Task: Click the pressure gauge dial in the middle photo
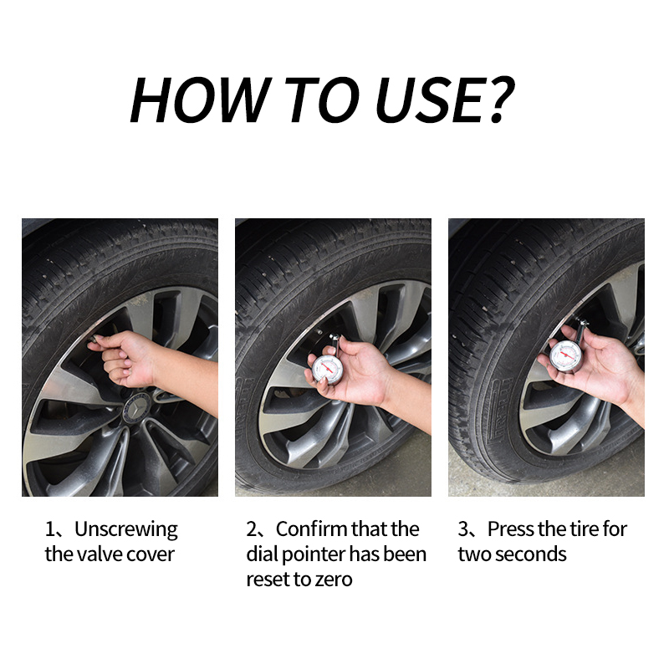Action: click(x=328, y=368)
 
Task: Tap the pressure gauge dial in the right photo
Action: click(x=566, y=355)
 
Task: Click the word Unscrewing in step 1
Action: click(x=126, y=530)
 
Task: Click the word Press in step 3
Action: click(x=511, y=529)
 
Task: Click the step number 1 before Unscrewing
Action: click(x=49, y=529)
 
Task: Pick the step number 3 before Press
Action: click(x=463, y=529)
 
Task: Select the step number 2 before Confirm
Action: click(x=252, y=529)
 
